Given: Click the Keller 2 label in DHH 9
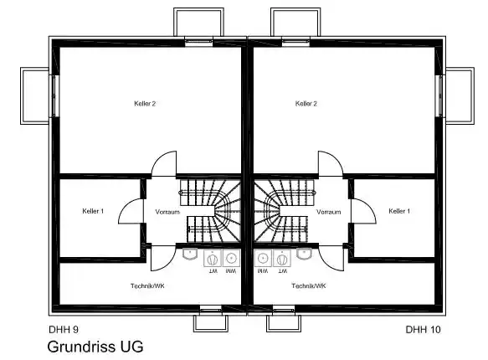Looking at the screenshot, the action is coord(145,104).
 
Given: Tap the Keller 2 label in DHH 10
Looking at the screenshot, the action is coord(306,104).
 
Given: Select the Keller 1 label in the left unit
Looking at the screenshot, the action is coord(93,211).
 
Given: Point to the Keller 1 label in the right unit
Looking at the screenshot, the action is coord(399,211).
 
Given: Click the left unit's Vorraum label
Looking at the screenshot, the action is coord(167,212).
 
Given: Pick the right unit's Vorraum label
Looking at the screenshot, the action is coord(329,212).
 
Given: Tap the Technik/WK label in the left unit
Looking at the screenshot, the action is coord(147,285).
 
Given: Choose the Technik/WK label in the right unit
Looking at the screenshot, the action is coord(308,285).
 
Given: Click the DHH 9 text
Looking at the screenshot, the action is coord(64,330).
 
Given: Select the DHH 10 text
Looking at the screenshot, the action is coord(424,330).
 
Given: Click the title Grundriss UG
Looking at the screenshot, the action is coord(95,347).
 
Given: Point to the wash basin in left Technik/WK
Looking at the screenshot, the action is coord(190,254).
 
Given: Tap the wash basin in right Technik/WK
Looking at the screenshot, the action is coord(304,254).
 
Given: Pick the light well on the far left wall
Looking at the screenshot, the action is coord(34,95).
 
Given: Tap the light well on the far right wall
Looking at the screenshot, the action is coord(460,95).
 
